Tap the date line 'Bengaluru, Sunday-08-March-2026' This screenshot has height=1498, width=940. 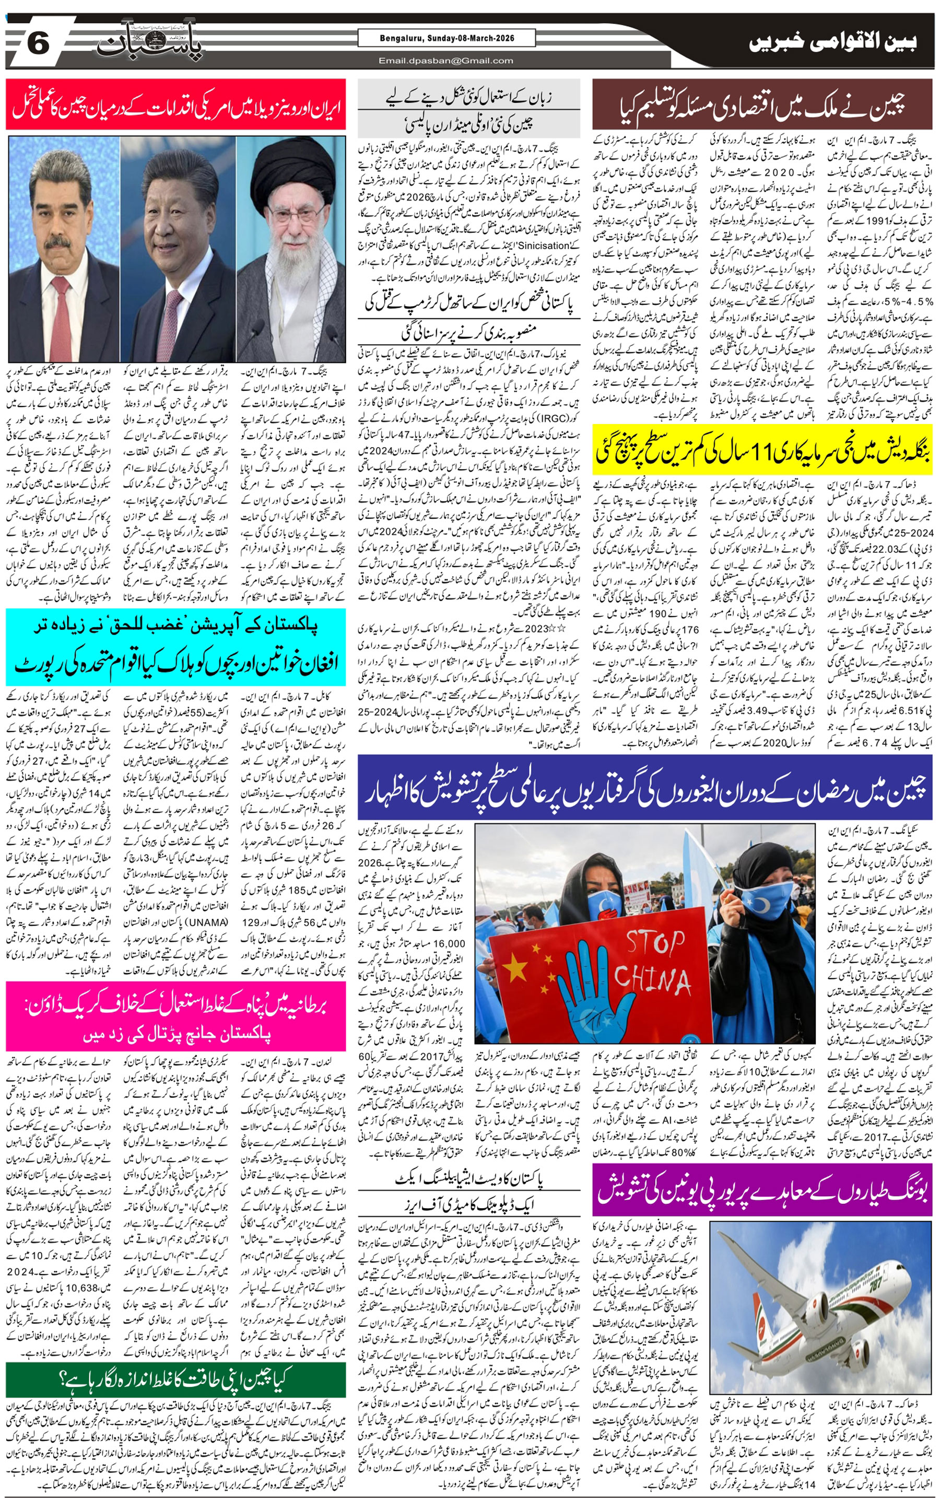(446, 38)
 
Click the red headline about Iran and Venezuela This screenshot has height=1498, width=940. (176, 104)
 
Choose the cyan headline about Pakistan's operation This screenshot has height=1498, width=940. (176, 647)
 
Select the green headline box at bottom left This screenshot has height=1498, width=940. (176, 1379)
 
